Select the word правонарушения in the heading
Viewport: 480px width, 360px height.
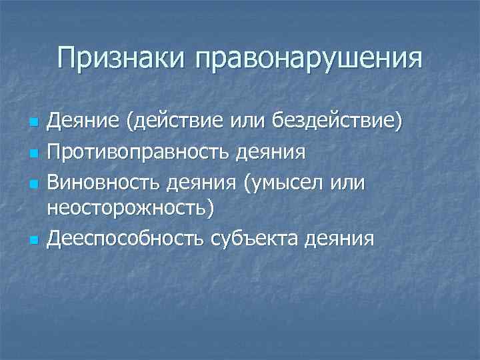coord(307,59)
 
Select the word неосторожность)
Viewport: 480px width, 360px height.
coord(131,209)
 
